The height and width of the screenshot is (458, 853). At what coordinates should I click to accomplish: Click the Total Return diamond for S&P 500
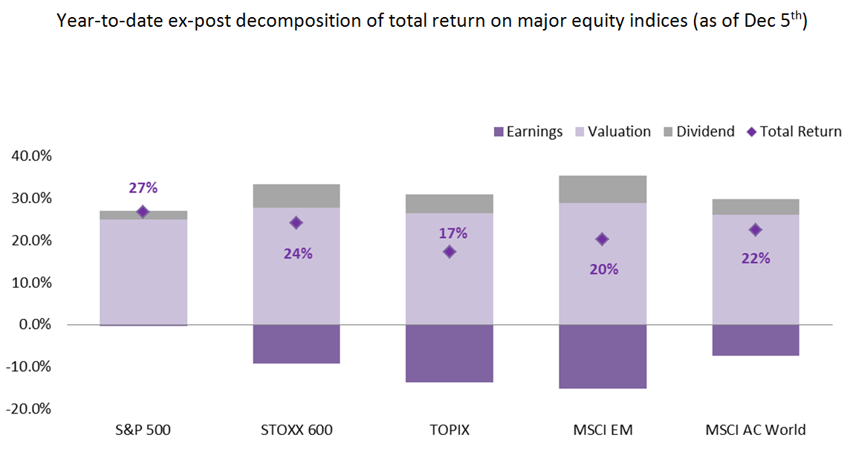pos(143,212)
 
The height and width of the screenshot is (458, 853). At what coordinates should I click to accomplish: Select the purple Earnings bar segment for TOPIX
pos(449,353)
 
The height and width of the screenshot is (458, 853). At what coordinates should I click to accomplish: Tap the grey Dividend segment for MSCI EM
pos(603,189)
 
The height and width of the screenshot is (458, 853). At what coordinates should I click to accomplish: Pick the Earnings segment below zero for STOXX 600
pos(296,343)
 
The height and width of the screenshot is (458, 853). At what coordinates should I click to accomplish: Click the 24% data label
pos(297,254)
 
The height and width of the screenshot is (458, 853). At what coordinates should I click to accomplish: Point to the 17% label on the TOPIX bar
pos(453,233)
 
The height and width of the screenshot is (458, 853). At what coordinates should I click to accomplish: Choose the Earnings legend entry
pos(528,132)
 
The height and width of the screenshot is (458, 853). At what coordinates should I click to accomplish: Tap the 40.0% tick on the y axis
pos(31,156)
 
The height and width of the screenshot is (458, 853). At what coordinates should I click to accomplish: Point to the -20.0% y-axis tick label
pos(29,409)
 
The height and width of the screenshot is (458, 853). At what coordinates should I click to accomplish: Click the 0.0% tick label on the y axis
pos(34,325)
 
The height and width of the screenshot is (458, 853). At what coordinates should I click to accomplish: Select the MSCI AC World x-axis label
pos(756,430)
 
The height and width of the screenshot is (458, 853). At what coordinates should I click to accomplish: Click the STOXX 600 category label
pos(296,430)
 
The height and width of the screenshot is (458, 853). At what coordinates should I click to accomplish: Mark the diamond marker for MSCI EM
pos(602,239)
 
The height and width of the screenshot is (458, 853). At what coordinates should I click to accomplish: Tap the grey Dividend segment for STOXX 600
pos(296,196)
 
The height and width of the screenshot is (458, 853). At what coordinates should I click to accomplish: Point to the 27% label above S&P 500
pos(143,188)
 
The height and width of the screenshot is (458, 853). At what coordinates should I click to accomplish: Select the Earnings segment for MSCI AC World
pos(756,340)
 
